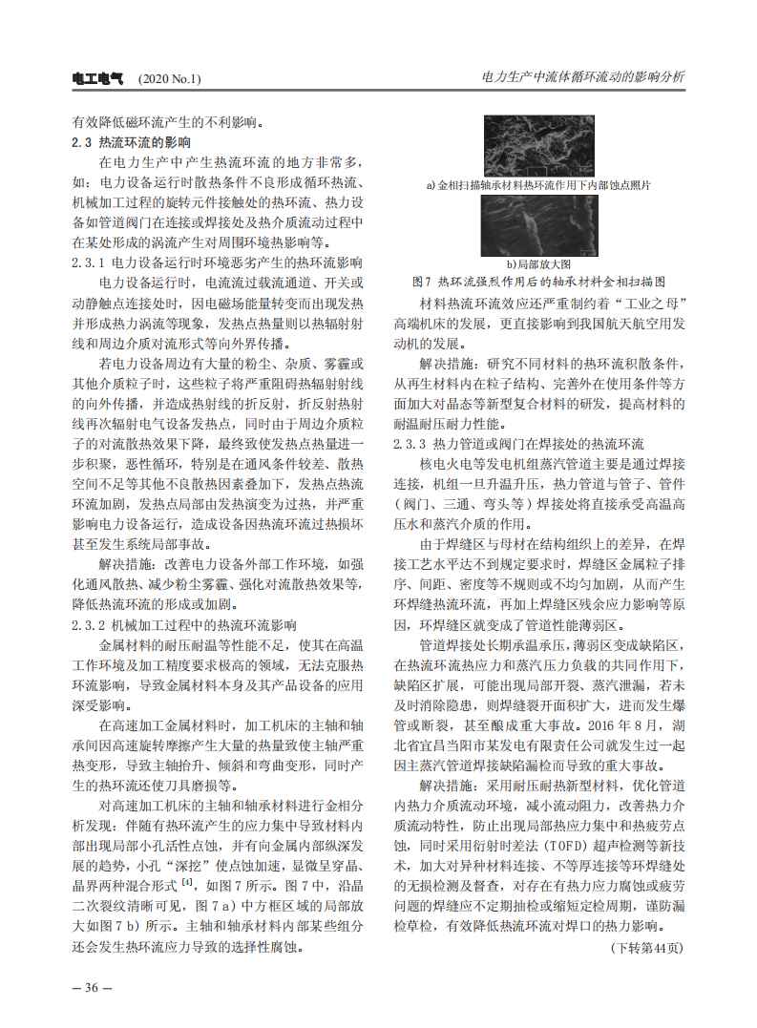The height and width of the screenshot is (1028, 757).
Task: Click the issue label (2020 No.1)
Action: pyautogui.click(x=170, y=78)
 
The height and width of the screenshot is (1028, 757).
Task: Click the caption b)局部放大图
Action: pyautogui.click(x=538, y=263)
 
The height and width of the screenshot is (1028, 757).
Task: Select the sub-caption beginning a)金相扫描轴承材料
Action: pyautogui.click(x=538, y=185)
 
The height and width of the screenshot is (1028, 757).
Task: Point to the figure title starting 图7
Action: pyautogui.click(x=538, y=283)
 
